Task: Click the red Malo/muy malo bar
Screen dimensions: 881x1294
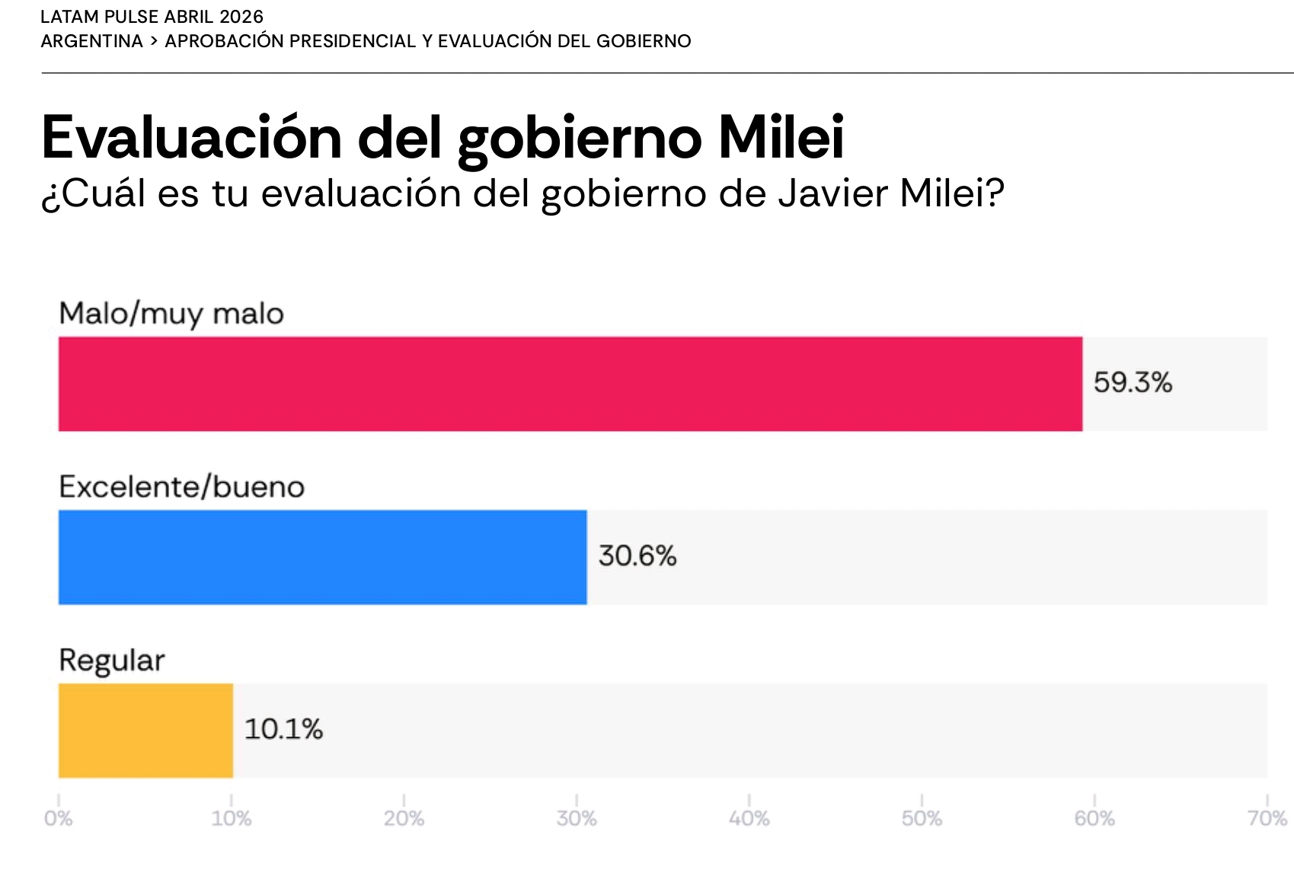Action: (x=570, y=384)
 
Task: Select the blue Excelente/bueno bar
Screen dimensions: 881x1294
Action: (x=322, y=557)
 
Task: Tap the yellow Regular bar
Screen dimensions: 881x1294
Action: (x=145, y=730)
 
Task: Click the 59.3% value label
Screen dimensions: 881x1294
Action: (x=1133, y=382)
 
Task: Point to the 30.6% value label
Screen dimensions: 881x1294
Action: (x=637, y=556)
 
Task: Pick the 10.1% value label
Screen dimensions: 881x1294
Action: (x=283, y=729)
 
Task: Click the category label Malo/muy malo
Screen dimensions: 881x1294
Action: (x=171, y=314)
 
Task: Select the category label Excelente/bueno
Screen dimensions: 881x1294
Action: (x=181, y=487)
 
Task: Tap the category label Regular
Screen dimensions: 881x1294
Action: (x=111, y=660)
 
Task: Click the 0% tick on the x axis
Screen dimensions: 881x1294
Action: (x=58, y=819)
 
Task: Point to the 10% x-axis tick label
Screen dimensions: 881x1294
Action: (x=231, y=819)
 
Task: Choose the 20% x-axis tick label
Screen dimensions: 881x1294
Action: (x=404, y=819)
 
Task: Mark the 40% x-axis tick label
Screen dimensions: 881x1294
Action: (x=749, y=819)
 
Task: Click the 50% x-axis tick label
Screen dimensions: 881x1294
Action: (x=922, y=819)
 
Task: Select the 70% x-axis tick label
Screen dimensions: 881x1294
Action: (x=1267, y=819)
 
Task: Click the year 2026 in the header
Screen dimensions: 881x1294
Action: (x=241, y=17)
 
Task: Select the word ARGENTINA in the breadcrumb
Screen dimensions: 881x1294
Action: (x=91, y=41)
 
